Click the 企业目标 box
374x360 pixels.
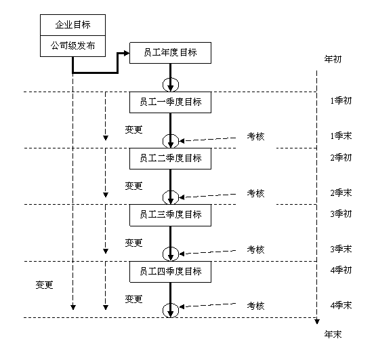[72, 25]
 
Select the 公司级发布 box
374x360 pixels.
[72, 46]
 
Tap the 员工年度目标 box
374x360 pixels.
[170, 53]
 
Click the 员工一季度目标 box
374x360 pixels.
[170, 102]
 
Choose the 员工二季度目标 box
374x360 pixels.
[170, 159]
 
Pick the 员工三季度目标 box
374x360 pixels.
[170, 215]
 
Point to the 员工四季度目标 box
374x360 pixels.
[170, 272]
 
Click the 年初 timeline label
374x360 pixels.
[333, 59]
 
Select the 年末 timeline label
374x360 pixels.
[333, 334]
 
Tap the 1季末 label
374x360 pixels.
[341, 136]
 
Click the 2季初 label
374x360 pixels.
[341, 157]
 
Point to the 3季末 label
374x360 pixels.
[341, 249]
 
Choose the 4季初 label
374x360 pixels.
[341, 271]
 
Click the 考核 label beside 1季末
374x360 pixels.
[255, 136]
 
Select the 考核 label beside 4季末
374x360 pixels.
[255, 306]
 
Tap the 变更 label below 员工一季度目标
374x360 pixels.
[133, 129]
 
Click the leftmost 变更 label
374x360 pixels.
[44, 285]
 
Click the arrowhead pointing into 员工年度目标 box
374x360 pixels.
[127, 53]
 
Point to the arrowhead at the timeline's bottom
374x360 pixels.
[317, 321]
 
